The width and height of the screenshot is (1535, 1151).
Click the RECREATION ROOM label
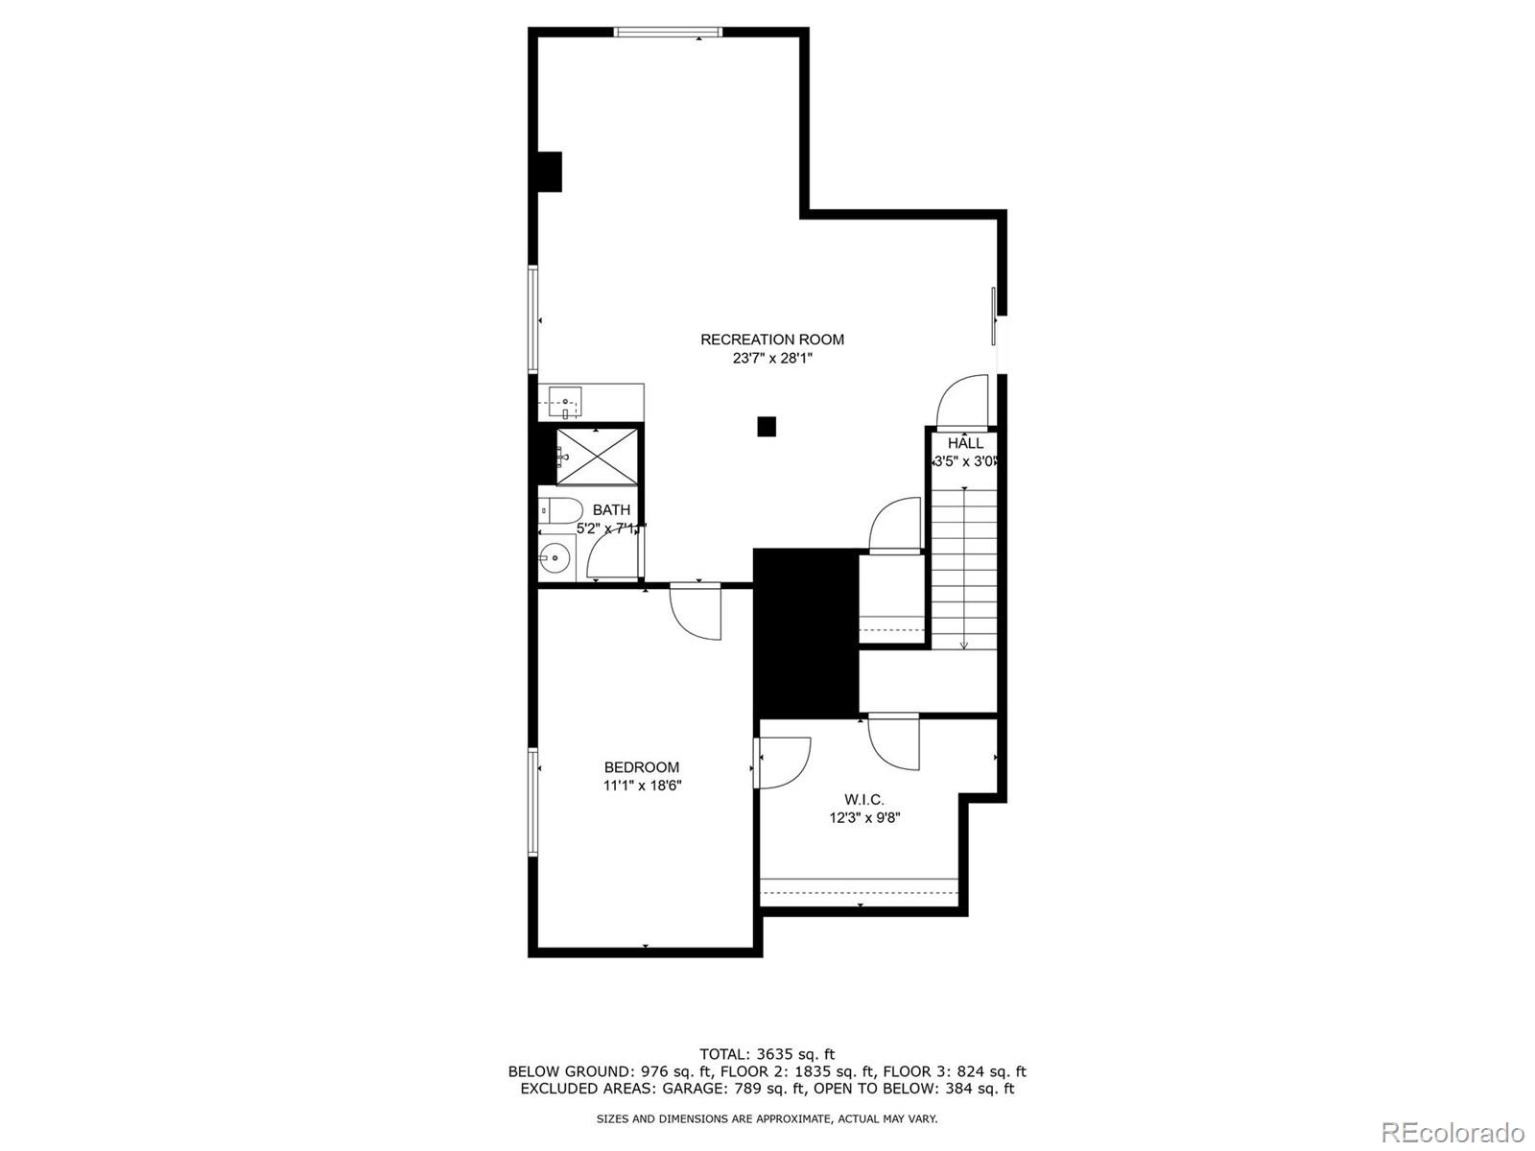coord(772,340)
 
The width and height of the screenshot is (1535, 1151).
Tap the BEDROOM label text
coord(642,767)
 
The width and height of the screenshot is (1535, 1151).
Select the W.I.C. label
coord(864,799)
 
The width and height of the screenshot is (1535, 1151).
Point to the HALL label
coord(965,443)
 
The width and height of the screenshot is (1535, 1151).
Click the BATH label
coord(611,510)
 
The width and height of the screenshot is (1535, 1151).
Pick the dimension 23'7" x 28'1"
coord(772,359)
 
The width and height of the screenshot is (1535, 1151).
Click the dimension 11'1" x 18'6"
coord(642,786)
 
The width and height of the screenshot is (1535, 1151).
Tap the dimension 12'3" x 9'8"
coord(864,818)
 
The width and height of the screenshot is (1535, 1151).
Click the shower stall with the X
coord(597,455)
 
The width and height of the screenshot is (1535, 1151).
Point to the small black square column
coord(767,427)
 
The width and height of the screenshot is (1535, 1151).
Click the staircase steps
coord(964,566)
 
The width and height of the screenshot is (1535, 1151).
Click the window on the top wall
coord(668,32)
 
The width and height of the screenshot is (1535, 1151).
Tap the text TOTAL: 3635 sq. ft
coord(767,1054)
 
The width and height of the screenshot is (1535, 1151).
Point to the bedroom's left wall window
coord(532,802)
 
